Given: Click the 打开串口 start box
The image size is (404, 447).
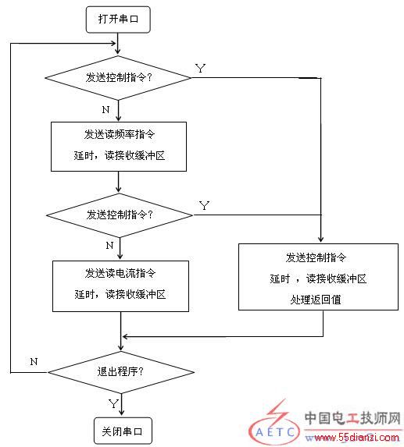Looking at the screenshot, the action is click(x=118, y=20).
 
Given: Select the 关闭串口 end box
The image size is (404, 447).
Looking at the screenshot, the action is click(x=123, y=431).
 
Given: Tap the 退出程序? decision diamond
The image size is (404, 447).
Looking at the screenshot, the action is click(x=121, y=372).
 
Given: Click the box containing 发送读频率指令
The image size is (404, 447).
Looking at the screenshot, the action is click(x=119, y=147).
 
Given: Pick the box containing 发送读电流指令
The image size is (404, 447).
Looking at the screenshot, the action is click(x=120, y=286).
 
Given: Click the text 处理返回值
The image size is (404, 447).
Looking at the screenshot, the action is click(x=316, y=300).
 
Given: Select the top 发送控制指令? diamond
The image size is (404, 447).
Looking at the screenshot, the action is click(x=118, y=78).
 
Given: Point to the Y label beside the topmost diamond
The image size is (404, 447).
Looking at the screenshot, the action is click(x=200, y=69).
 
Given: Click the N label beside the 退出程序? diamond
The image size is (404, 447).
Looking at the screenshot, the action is click(x=34, y=362).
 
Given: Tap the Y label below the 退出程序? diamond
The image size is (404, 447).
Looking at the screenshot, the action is click(x=113, y=403).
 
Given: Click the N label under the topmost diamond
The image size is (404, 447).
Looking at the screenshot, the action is click(x=106, y=109).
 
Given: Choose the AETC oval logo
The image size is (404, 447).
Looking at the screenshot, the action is click(x=274, y=431).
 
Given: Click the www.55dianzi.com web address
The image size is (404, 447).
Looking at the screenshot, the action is click(x=352, y=437).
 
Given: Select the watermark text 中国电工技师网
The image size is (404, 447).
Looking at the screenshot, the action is click(x=352, y=418).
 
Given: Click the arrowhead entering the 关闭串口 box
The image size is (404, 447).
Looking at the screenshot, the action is click(x=122, y=413).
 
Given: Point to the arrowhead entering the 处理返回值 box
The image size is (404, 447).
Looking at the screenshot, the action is click(x=321, y=239).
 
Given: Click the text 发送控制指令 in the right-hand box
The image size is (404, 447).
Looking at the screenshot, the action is click(x=316, y=257).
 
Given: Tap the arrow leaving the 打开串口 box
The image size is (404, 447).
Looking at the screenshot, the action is click(x=118, y=44).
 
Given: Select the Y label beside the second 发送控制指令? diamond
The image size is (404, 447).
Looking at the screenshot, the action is click(x=204, y=205).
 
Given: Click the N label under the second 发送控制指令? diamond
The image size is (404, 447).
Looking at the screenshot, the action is click(x=109, y=246).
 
